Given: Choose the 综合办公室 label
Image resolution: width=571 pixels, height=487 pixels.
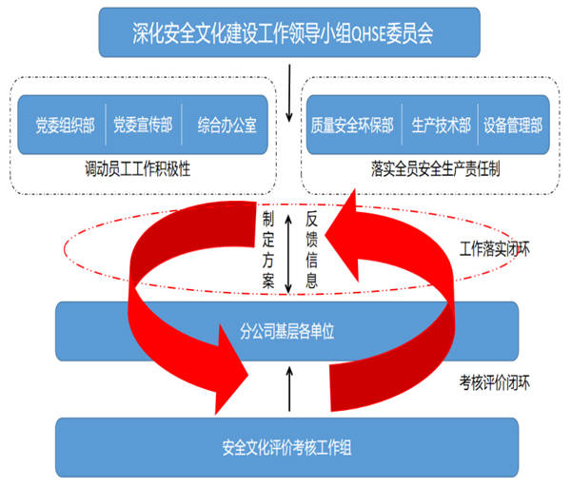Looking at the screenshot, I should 226,125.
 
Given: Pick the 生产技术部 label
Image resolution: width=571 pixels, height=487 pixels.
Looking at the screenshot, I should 442,125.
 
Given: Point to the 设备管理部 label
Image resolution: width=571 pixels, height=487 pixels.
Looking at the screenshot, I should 512,125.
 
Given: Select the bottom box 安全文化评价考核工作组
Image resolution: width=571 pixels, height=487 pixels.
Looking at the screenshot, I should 285,445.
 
